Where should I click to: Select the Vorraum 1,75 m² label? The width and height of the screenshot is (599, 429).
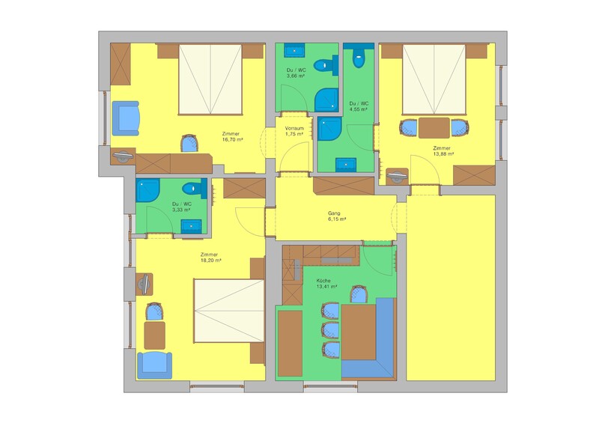point(294,131)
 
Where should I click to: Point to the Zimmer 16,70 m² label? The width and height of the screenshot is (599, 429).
point(233,137)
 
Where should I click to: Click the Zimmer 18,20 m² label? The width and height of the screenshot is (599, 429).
point(211,258)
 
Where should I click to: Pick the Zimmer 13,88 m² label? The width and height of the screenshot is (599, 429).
point(443,151)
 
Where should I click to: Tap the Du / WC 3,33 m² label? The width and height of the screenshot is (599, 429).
point(182,207)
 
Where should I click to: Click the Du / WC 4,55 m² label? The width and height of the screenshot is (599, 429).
point(359,106)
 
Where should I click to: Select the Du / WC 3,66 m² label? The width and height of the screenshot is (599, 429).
point(296,73)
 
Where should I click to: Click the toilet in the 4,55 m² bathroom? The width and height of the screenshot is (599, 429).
point(359,58)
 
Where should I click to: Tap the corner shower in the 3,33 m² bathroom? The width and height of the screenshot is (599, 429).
point(148,190)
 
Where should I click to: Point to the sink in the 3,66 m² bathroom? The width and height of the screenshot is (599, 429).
point(294,50)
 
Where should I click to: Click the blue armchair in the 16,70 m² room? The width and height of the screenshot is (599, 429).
point(125,118)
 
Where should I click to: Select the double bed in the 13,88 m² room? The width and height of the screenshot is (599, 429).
point(434,79)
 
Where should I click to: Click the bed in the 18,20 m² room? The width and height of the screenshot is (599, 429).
point(229,311)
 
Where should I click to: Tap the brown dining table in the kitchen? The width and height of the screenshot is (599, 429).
point(359,332)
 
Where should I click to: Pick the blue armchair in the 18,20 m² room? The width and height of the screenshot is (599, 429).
point(154,365)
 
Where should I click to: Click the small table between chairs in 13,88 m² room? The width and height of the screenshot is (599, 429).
point(434,128)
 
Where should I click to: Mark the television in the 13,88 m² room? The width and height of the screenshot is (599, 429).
point(397,176)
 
